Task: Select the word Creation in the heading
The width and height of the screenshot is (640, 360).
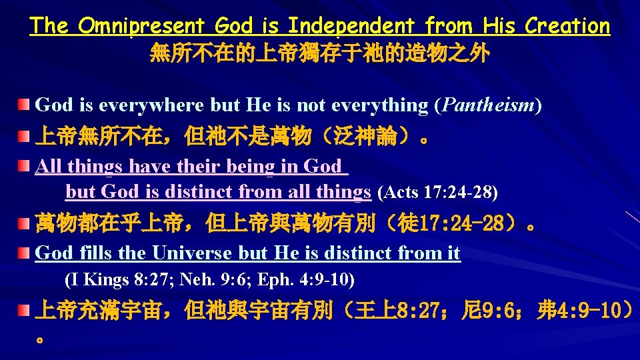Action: [x=567, y=26]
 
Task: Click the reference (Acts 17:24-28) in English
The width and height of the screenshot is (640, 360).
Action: [x=437, y=193]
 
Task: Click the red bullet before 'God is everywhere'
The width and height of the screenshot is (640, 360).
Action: [x=25, y=105]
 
